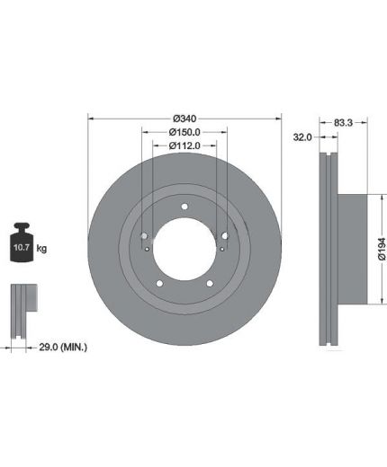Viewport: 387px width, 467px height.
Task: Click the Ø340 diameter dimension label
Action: (x=184, y=119)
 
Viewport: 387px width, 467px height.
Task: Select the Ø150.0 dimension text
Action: (x=184, y=132)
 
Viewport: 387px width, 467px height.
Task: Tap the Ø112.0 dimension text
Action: (x=184, y=145)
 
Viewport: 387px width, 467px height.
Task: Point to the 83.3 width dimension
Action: (x=343, y=122)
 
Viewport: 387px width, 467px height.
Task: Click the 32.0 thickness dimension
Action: (x=302, y=137)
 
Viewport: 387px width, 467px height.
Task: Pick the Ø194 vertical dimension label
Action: (x=382, y=249)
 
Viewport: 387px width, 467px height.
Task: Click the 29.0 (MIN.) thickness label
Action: (x=63, y=348)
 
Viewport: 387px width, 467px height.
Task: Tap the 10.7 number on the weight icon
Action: (x=22, y=247)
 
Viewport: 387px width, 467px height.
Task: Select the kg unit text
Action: (x=41, y=248)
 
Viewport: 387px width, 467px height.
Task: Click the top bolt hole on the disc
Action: (x=184, y=207)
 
